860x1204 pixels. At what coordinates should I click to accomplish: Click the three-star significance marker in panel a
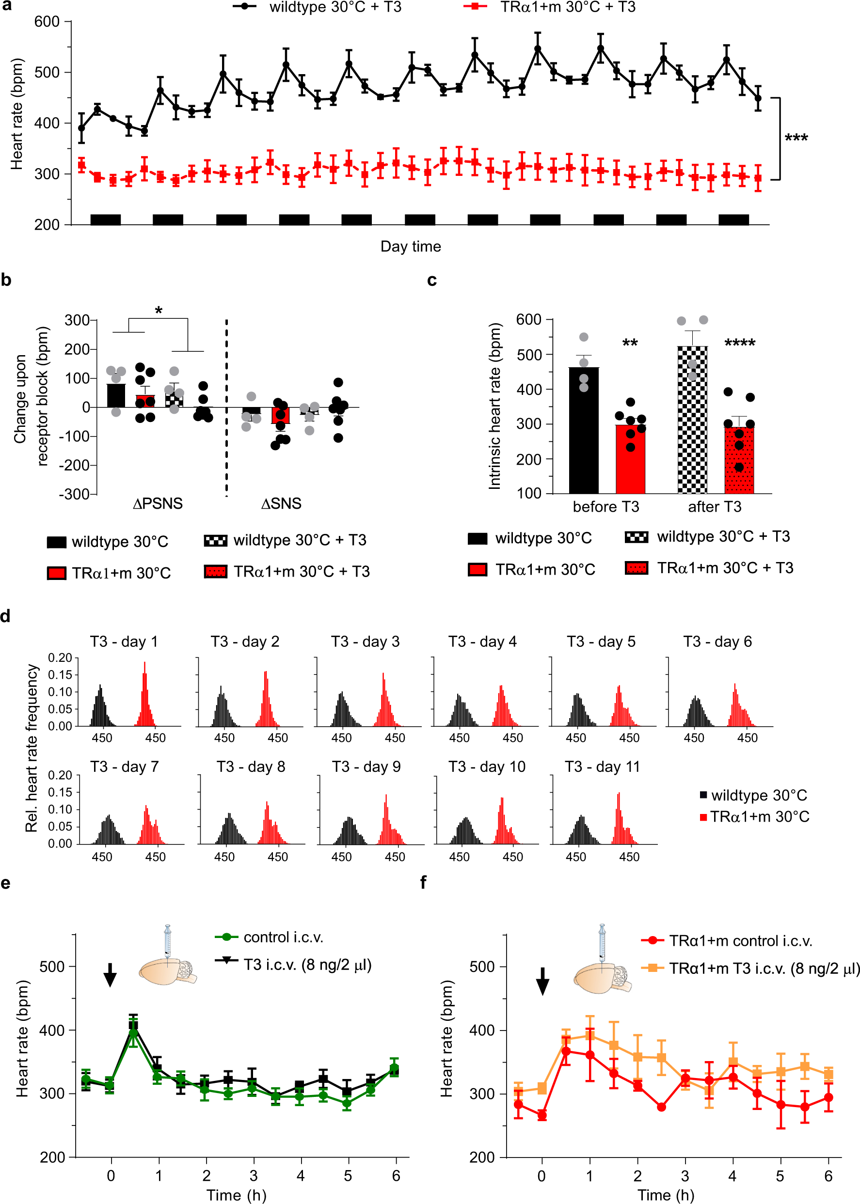pyautogui.click(x=796, y=139)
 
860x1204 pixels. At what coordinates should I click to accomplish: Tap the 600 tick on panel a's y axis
pyautogui.click(x=47, y=22)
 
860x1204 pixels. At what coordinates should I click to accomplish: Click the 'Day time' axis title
pyautogui.click(x=411, y=246)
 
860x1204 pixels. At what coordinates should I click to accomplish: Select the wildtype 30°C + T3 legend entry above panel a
pyautogui.click(x=334, y=7)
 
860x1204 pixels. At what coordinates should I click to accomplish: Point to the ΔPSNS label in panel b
pyautogui.click(x=157, y=503)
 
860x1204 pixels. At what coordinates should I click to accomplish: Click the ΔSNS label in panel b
pyautogui.click(x=281, y=503)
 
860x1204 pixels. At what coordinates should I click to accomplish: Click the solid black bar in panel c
pyautogui.click(x=584, y=430)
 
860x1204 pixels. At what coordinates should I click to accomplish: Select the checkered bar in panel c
pyautogui.click(x=692, y=419)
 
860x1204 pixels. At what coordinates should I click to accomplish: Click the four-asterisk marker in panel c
pyautogui.click(x=739, y=343)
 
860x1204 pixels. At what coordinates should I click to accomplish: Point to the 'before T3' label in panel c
pyautogui.click(x=606, y=507)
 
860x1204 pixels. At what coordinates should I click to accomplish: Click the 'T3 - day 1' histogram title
pyautogui.click(x=124, y=641)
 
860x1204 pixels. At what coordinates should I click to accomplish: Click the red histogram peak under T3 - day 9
pyautogui.click(x=386, y=797)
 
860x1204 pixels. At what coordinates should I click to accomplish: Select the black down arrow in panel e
pyautogui.click(x=110, y=975)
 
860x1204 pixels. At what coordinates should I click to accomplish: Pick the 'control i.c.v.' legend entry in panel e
pyautogui.click(x=283, y=937)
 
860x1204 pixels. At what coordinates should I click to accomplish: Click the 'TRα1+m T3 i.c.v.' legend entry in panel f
pyautogui.click(x=763, y=969)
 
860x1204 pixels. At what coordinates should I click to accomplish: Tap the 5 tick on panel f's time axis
pyautogui.click(x=780, y=1176)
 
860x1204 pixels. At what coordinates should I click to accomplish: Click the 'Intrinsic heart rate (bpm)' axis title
pyautogui.click(x=494, y=406)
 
